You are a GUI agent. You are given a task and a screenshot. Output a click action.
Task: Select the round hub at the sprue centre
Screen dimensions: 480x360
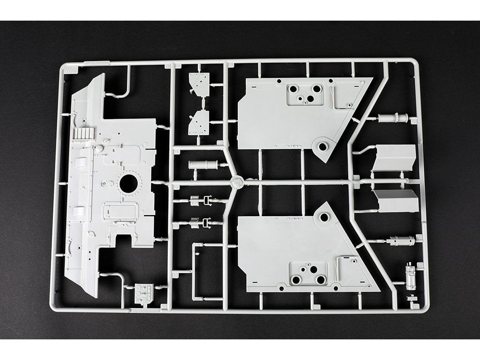click(236, 181)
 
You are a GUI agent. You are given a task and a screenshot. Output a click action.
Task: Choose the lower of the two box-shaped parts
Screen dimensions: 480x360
click(397, 201)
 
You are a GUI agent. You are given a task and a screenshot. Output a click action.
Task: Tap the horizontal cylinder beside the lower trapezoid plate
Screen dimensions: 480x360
click(401, 241)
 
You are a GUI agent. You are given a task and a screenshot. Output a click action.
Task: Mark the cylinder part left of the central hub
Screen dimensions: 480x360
click(203, 165)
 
